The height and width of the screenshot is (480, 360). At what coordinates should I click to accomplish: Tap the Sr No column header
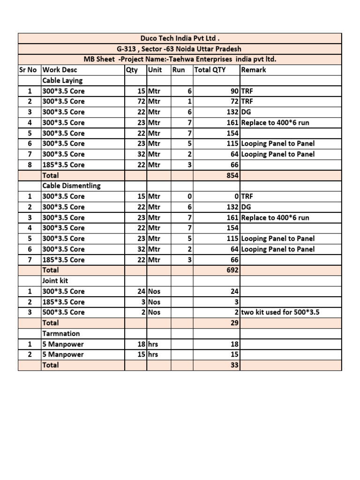pos(28,70)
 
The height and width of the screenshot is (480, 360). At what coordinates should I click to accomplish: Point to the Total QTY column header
pos(210,70)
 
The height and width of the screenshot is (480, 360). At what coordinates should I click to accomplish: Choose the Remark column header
pos(254,70)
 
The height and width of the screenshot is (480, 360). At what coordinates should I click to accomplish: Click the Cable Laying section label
pos(62,80)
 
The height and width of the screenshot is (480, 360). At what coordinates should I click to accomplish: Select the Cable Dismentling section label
pos(71,186)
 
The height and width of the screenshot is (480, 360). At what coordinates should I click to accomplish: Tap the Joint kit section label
pos(55,281)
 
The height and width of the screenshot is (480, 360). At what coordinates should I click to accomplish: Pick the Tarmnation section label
pos(61,333)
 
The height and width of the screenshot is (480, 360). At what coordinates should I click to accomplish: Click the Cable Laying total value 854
pos(232,175)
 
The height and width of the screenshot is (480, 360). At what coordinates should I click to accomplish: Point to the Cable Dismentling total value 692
pos(232,270)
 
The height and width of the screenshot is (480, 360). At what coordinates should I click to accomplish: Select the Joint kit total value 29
pos(235,323)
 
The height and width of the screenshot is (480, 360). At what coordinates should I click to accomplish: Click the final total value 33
pos(235,365)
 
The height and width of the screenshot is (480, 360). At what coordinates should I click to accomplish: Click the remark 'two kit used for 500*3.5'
pos(280,312)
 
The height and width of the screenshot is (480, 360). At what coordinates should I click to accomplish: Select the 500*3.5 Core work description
pos(64,312)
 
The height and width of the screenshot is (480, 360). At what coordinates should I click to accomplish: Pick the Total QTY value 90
pos(234,91)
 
